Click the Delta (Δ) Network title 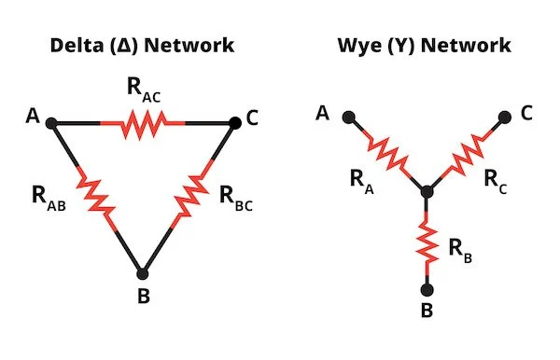143,46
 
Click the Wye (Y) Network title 425,46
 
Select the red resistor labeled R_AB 95,197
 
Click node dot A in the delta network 51,121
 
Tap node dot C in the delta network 233,121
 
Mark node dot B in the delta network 143,274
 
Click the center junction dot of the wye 426,193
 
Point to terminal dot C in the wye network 504,118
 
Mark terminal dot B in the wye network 426,290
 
